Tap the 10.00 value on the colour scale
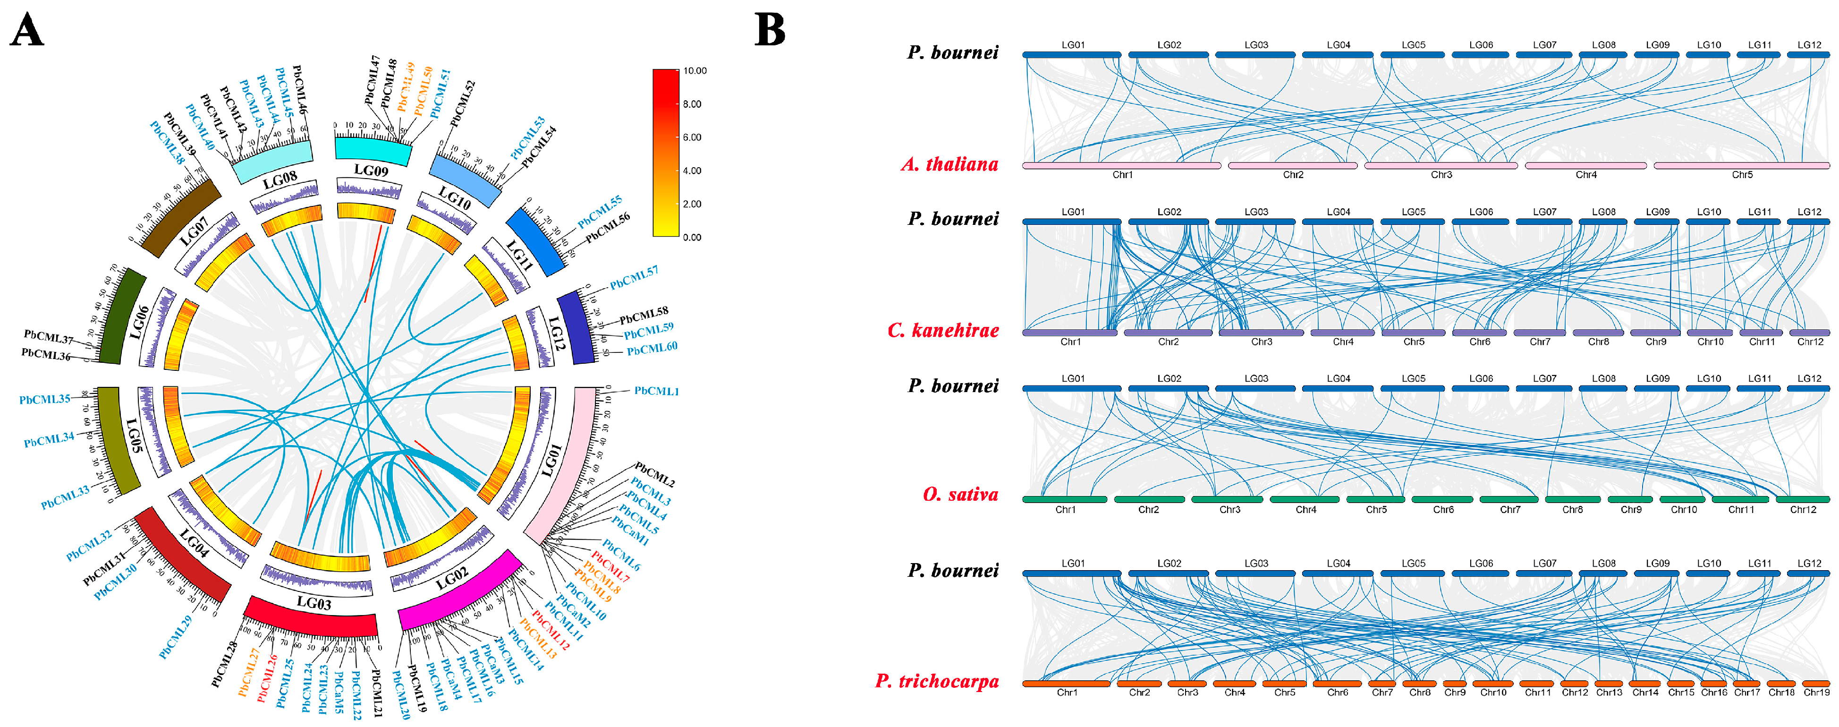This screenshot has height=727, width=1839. pos(695,71)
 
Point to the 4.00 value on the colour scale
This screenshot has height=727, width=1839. pos(692,171)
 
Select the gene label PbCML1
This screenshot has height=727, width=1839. pos(656,391)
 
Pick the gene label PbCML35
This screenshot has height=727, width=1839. pos(44,399)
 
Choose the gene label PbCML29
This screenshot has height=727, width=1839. pos(176,637)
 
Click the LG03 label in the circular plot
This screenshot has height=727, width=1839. pos(314,603)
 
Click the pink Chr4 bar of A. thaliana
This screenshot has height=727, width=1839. pos(1585,166)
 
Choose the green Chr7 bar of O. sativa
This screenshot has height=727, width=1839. pos(1508,499)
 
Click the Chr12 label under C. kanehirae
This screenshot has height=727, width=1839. pos(1810,342)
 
